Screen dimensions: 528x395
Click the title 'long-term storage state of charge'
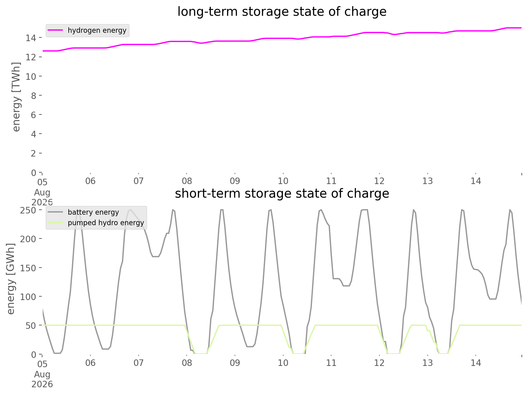pyautogui.click(x=282, y=12)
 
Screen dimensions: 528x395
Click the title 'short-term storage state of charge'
pyautogui.click(x=282, y=194)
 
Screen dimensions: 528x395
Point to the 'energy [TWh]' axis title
pyautogui.click(x=16, y=97)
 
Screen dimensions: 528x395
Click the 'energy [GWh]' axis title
pyautogui.click(x=11, y=279)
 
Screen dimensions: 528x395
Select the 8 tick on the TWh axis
pyautogui.click(x=34, y=96)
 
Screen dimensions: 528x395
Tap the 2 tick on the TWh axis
pyautogui.click(x=34, y=153)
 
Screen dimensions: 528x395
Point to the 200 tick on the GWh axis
pyautogui.click(x=28, y=239)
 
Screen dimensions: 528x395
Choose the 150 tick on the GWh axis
pyautogui.click(x=28, y=268)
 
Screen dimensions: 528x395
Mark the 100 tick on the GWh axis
pyautogui.click(x=28, y=297)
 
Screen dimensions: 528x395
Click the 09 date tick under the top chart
pyautogui.click(x=235, y=181)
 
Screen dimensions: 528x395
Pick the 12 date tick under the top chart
pyautogui.click(x=379, y=181)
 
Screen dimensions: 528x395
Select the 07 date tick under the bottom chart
pyautogui.click(x=139, y=363)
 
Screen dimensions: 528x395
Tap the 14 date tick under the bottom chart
pyautogui.click(x=476, y=363)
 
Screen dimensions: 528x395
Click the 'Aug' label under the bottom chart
pyautogui.click(x=42, y=375)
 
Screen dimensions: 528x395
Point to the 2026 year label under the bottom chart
pyautogui.click(x=42, y=384)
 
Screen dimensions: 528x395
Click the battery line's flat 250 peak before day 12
pyautogui.click(x=364, y=210)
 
